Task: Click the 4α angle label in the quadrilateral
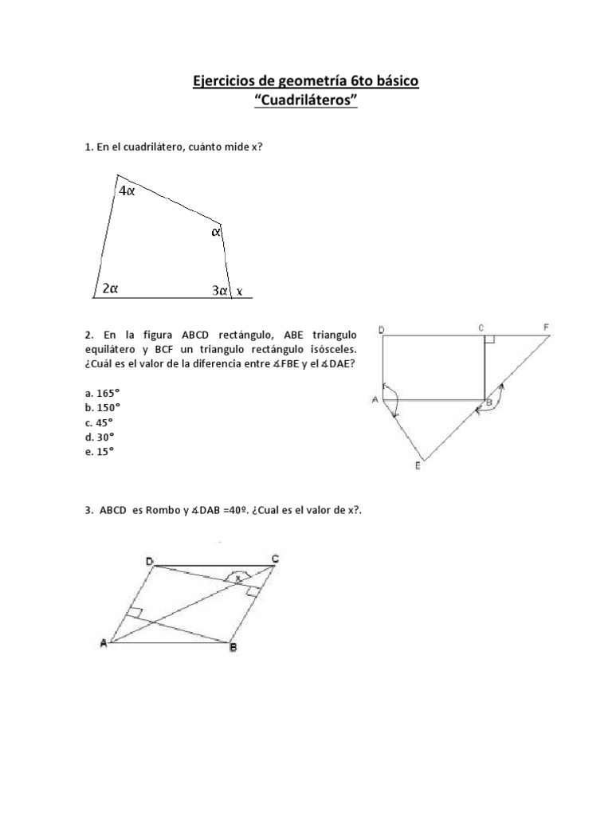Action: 127,191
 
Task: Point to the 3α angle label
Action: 220,291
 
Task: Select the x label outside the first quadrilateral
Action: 238,291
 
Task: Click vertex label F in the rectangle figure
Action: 547,327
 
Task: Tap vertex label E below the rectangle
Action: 418,468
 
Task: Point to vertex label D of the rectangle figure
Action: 382,329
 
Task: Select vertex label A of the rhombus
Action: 103,645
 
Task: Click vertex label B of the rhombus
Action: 233,649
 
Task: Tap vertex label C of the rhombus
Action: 275,559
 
